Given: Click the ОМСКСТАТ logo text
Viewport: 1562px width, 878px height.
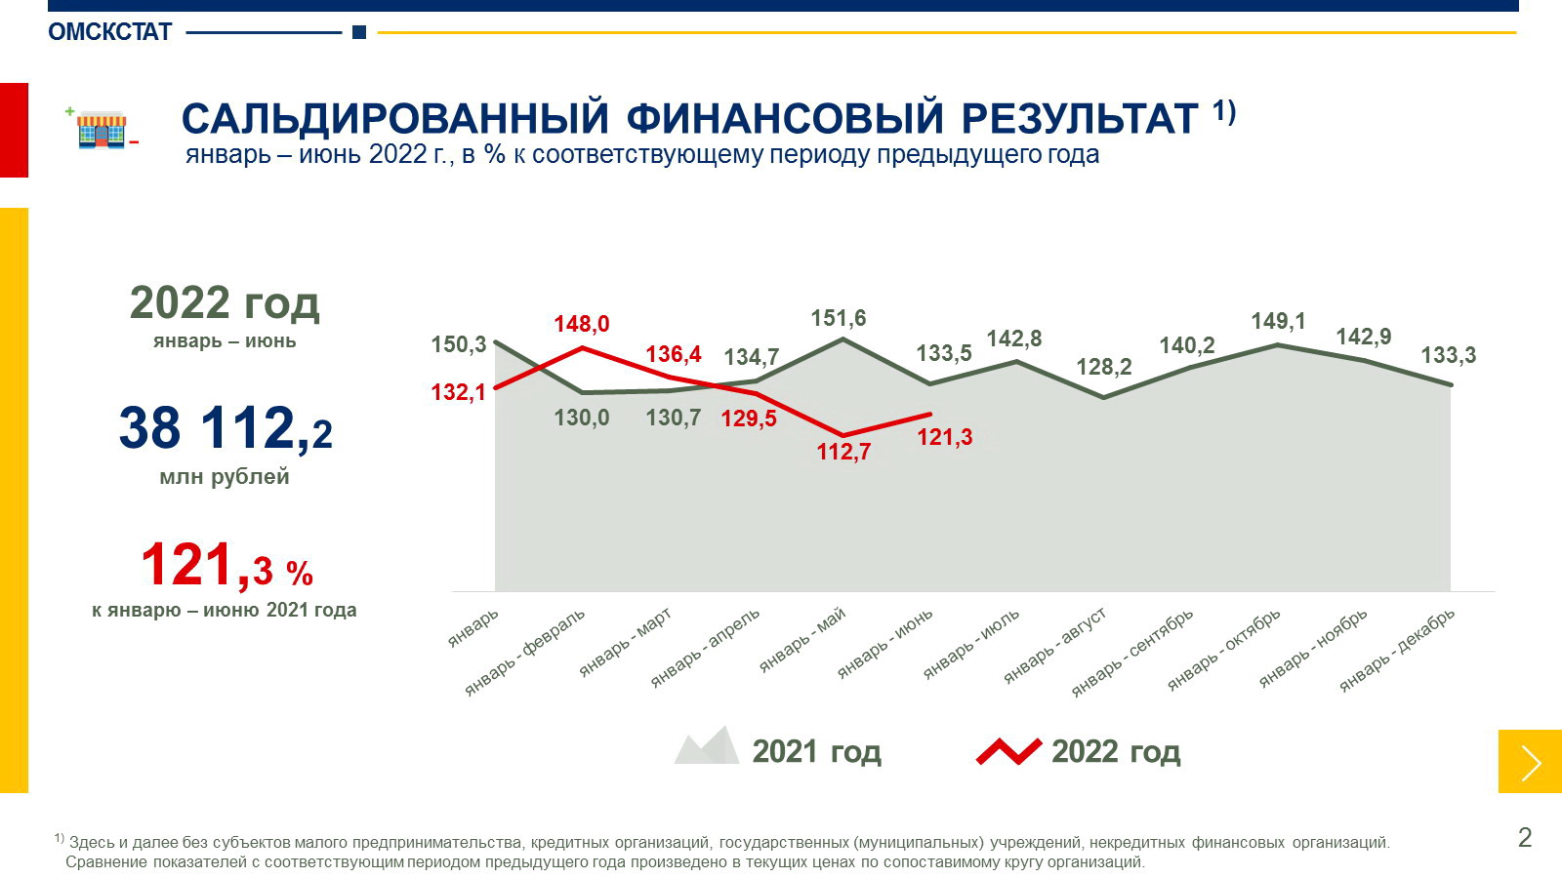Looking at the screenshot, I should coord(109,32).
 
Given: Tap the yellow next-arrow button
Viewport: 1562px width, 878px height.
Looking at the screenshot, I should coord(1530,762).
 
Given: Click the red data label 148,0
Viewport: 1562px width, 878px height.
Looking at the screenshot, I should coord(582,324).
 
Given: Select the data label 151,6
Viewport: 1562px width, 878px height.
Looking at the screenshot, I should coord(838,319).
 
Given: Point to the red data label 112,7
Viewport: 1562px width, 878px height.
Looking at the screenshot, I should coord(843,452).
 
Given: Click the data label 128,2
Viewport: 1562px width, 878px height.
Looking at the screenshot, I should coord(1104,368).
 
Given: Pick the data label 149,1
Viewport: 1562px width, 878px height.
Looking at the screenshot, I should coord(1278,321).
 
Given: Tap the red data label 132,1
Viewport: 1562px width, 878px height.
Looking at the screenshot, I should coord(458,392).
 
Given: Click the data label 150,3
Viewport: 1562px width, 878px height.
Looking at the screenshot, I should coord(458,344).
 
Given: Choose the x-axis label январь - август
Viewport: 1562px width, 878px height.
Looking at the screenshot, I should coord(1055,645).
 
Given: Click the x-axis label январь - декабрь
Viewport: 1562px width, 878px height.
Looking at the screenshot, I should coord(1397,650).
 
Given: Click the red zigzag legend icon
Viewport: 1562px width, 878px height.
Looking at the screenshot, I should coord(1008,751).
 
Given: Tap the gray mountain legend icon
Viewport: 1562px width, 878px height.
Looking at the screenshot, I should coord(707,746).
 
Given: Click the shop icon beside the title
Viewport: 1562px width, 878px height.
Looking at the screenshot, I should coord(102,130).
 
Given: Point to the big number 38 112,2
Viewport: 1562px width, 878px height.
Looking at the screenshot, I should coord(226,429).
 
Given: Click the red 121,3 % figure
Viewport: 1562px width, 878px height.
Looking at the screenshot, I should coord(226,567).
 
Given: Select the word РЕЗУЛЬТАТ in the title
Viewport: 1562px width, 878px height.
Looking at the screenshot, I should coord(1079,119).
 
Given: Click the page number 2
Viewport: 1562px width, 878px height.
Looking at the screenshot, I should coord(1525,837).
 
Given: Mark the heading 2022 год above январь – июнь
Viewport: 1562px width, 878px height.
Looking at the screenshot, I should coord(225,303).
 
